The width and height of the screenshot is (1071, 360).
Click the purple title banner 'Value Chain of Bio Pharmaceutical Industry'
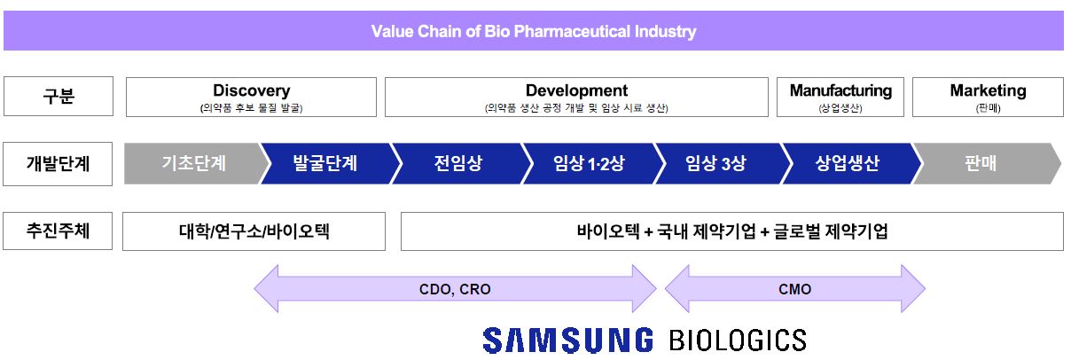click(534, 31)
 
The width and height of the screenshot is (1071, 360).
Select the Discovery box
click(251, 97)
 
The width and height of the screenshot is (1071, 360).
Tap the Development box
click(576, 97)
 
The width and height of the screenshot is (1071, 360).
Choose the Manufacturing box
click(840, 97)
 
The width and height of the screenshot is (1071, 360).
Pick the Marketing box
click(988, 97)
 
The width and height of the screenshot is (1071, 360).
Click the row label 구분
click(58, 97)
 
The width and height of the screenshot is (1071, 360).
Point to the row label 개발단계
click(58, 164)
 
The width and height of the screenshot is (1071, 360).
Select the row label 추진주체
click(58, 231)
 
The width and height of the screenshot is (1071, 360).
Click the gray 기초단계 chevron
click(193, 164)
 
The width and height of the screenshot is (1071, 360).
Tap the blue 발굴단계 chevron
click(324, 164)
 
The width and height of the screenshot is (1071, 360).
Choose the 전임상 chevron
click(457, 164)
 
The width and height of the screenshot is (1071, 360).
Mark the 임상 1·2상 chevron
click(589, 164)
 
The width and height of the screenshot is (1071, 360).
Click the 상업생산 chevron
click(848, 164)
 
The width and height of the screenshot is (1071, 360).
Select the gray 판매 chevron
click(981, 164)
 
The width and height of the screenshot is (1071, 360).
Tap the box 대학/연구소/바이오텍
click(254, 231)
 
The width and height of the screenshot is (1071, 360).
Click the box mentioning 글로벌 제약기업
click(731, 231)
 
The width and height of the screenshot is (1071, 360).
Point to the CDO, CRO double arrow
click(455, 289)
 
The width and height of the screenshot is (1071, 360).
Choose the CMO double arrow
click(794, 289)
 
